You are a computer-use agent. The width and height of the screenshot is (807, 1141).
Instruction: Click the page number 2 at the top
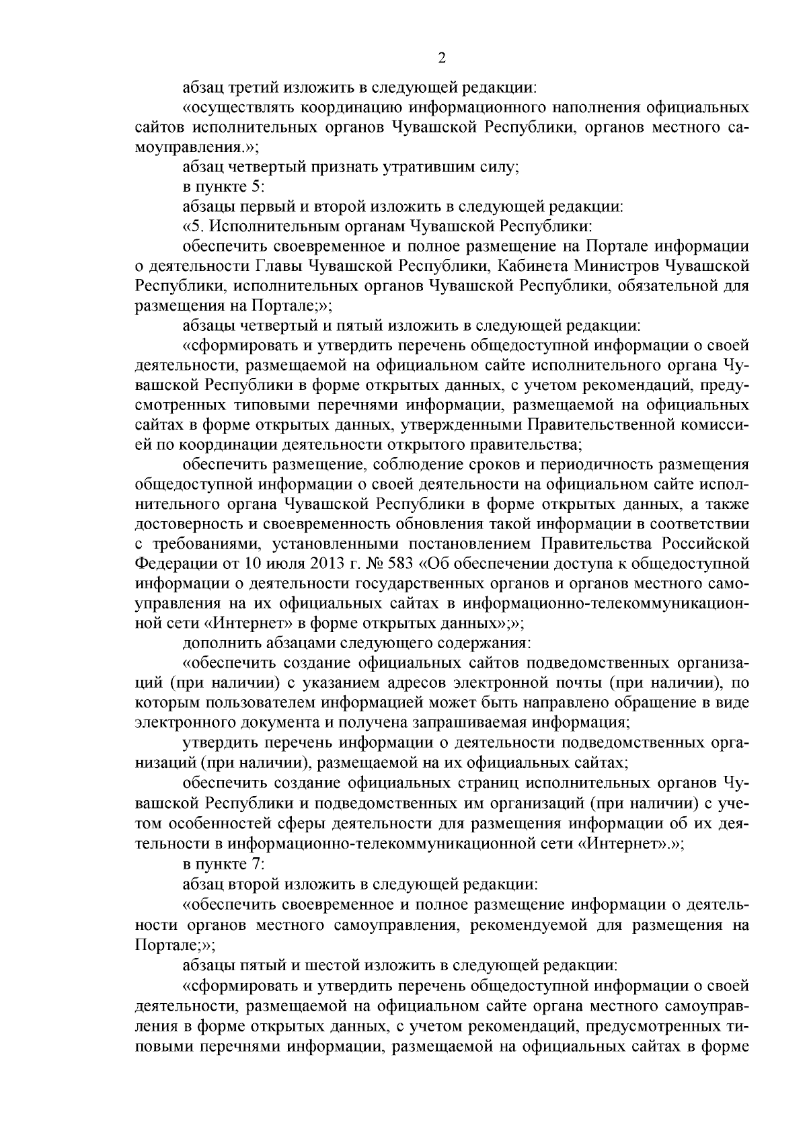pyautogui.click(x=442, y=58)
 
